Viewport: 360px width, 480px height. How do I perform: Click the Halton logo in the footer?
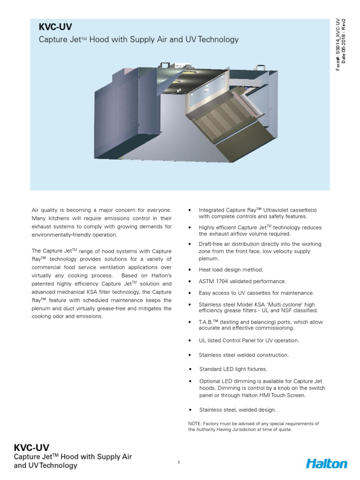326,464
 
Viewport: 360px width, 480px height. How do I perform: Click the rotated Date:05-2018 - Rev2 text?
344,43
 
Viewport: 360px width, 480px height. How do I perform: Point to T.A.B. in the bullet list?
206,322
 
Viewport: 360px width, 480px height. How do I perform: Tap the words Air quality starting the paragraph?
45,210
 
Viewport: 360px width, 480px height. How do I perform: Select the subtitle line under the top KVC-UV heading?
138,40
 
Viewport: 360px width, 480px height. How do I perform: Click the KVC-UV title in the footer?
31,447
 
